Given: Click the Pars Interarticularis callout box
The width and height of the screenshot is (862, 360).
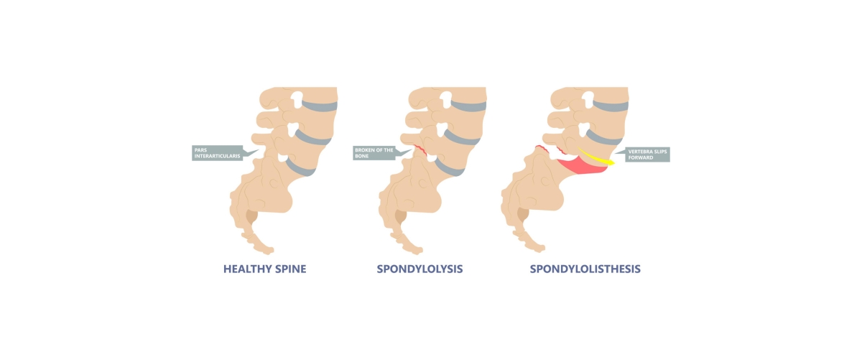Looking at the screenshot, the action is [x=218, y=153].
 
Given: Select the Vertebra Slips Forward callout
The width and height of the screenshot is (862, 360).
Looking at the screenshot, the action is [x=647, y=154].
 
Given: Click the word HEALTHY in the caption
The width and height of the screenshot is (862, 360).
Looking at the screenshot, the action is [x=244, y=269].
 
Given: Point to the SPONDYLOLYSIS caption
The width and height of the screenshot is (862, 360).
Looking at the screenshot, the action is [x=420, y=269].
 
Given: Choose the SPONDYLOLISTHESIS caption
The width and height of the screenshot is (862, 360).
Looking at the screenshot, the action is [x=585, y=269].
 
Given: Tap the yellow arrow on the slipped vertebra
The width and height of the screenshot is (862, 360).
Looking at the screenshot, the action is [x=595, y=157].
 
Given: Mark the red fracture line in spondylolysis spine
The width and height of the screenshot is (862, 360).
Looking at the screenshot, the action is [x=421, y=150].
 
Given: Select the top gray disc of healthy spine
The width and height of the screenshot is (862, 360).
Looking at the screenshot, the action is [x=320, y=106].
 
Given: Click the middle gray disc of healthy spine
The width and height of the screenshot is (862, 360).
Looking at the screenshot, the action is [x=312, y=138].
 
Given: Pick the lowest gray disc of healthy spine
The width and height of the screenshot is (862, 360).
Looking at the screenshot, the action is [x=300, y=168].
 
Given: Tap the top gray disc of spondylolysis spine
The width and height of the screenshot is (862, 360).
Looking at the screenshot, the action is [x=468, y=106].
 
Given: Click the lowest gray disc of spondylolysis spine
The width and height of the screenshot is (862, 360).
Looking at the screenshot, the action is [x=449, y=168].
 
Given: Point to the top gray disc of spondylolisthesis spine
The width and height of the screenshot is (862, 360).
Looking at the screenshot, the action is [x=611, y=106].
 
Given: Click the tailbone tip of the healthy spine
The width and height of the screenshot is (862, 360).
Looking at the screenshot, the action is [x=270, y=251].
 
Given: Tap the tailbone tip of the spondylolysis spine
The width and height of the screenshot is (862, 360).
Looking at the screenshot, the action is [x=419, y=251].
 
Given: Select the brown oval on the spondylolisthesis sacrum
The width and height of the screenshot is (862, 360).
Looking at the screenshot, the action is [x=523, y=214].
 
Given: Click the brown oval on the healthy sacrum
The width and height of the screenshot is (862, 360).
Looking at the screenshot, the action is [x=252, y=217].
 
